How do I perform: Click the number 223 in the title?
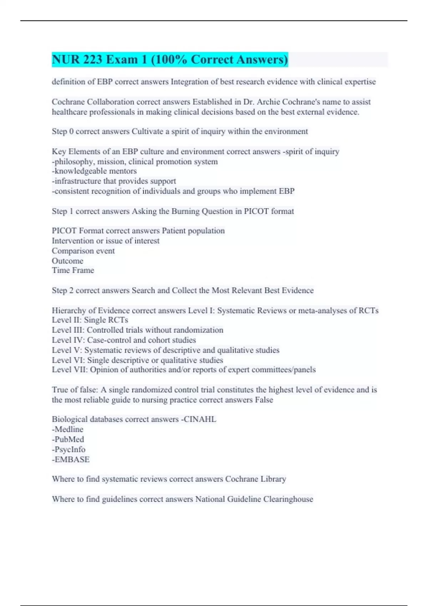coord(93,60)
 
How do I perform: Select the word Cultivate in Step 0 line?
coord(147,132)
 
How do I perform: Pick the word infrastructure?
coord(77,181)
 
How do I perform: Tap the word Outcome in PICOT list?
coord(67,261)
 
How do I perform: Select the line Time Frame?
coord(73,270)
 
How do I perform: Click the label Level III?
coord(68,330)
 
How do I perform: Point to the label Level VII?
coord(70,370)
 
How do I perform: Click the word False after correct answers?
coord(264,400)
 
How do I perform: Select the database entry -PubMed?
coord(68,440)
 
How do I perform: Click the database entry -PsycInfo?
coord(68,450)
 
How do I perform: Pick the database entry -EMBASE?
coord(71,459)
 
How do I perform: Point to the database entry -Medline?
coord(67,430)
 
